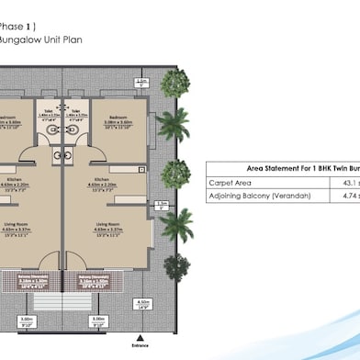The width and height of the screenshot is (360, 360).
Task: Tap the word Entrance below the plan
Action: [x=140, y=345]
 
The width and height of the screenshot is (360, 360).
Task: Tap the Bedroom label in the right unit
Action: [x=118, y=118]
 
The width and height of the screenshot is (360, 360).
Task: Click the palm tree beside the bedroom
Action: [x=172, y=124]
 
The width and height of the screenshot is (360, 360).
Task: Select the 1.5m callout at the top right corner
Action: [x=141, y=83]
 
